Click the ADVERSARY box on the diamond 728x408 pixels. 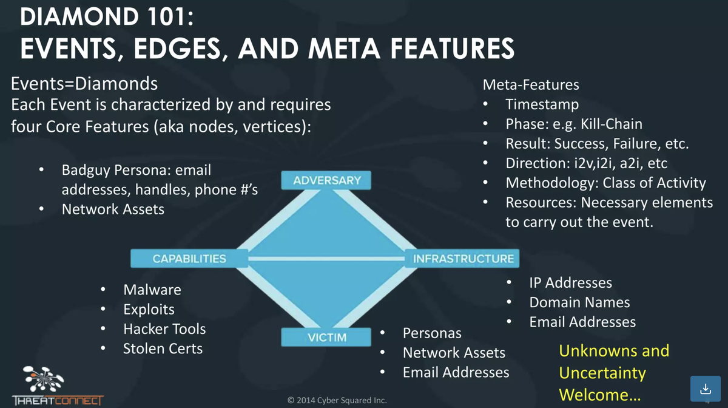pyautogui.click(x=327, y=180)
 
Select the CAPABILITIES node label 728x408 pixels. pyautogui.click(x=189, y=259)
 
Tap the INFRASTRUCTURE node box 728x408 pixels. pyautogui.click(x=463, y=259)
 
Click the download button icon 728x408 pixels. pyautogui.click(x=704, y=388)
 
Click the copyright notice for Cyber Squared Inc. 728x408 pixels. pyautogui.click(x=337, y=400)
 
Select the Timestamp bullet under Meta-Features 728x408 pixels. pyautogui.click(x=542, y=104)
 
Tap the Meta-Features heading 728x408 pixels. pyautogui.click(x=530, y=85)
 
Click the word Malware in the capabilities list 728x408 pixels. pyautogui.click(x=152, y=290)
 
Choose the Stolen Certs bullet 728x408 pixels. pyautogui.click(x=163, y=348)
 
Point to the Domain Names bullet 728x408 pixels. pyautogui.click(x=579, y=302)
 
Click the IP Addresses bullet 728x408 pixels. pyautogui.click(x=570, y=283)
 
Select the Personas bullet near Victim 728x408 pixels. pyautogui.click(x=432, y=333)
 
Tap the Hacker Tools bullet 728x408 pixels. pyautogui.click(x=164, y=329)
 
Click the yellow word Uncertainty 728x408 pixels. pyautogui.click(x=602, y=373)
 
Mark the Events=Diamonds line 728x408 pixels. pyautogui.click(x=84, y=83)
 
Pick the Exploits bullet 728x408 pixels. pyautogui.click(x=149, y=310)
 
